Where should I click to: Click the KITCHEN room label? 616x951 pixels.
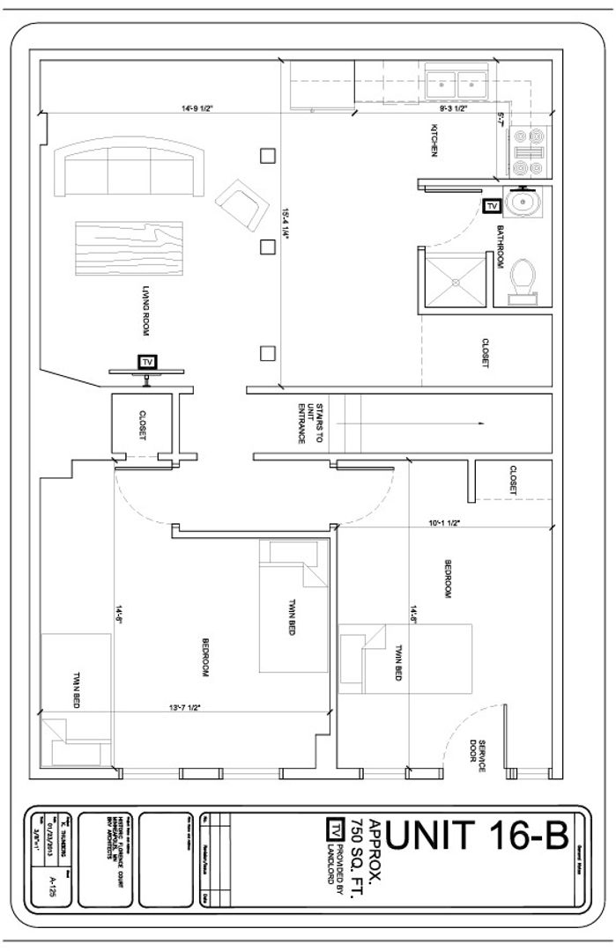pyautogui.click(x=434, y=142)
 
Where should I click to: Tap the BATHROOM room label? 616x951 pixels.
pyautogui.click(x=499, y=246)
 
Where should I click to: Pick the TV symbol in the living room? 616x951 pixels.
pyautogui.click(x=146, y=362)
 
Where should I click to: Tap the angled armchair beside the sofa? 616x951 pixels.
pyautogui.click(x=240, y=203)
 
